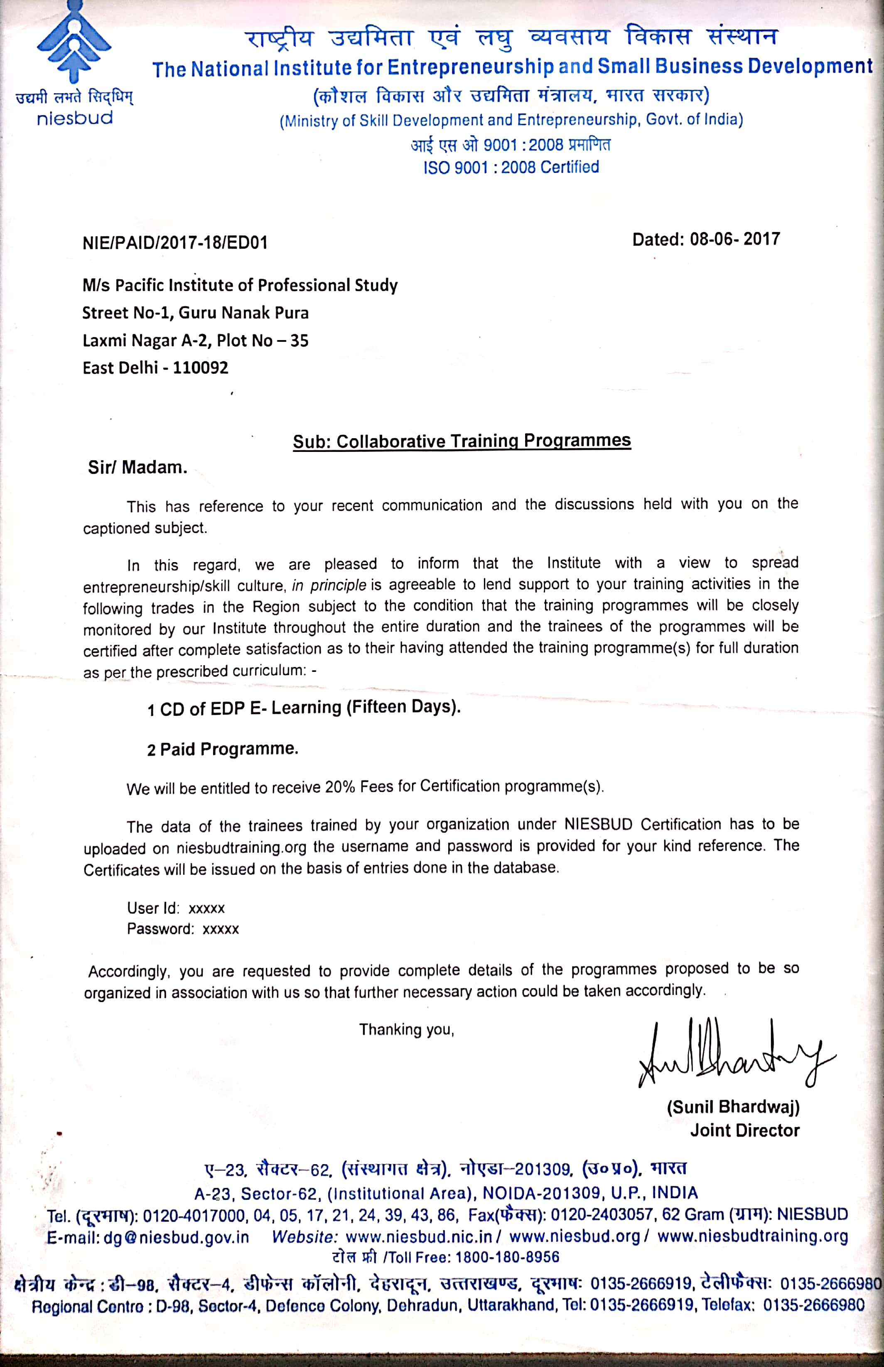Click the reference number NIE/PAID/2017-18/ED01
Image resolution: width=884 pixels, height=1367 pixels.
pyautogui.click(x=175, y=243)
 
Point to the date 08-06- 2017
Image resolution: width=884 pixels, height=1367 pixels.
pyautogui.click(x=735, y=239)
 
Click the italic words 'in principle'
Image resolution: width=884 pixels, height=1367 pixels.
pyautogui.click(x=329, y=585)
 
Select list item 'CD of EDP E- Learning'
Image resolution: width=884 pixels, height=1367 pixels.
pyautogui.click(x=309, y=708)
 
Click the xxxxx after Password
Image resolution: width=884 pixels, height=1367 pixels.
pyautogui.click(x=221, y=929)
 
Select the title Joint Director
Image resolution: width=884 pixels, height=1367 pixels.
pyautogui.click(x=744, y=1130)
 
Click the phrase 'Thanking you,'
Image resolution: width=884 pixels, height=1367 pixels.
pyautogui.click(x=406, y=1030)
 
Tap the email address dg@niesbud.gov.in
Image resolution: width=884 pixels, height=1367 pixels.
pyautogui.click(x=176, y=1236)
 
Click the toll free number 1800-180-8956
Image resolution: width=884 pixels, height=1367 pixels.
pyautogui.click(x=507, y=1257)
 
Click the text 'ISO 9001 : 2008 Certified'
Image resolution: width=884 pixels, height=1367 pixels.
pyautogui.click(x=511, y=167)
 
